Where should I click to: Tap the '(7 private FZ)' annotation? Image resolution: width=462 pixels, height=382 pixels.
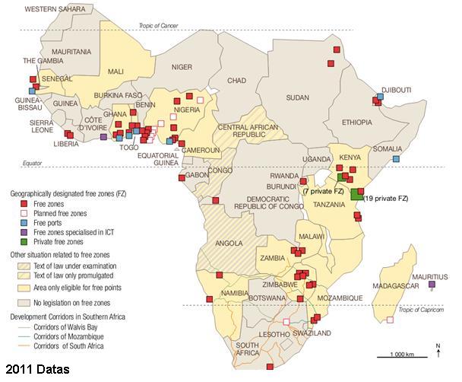[x=324, y=191]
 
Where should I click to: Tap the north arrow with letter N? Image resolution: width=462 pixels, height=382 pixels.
[x=438, y=350]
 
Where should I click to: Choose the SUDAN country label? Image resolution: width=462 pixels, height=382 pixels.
[x=297, y=97]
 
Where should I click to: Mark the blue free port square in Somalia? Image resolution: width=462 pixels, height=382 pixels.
[x=396, y=160]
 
